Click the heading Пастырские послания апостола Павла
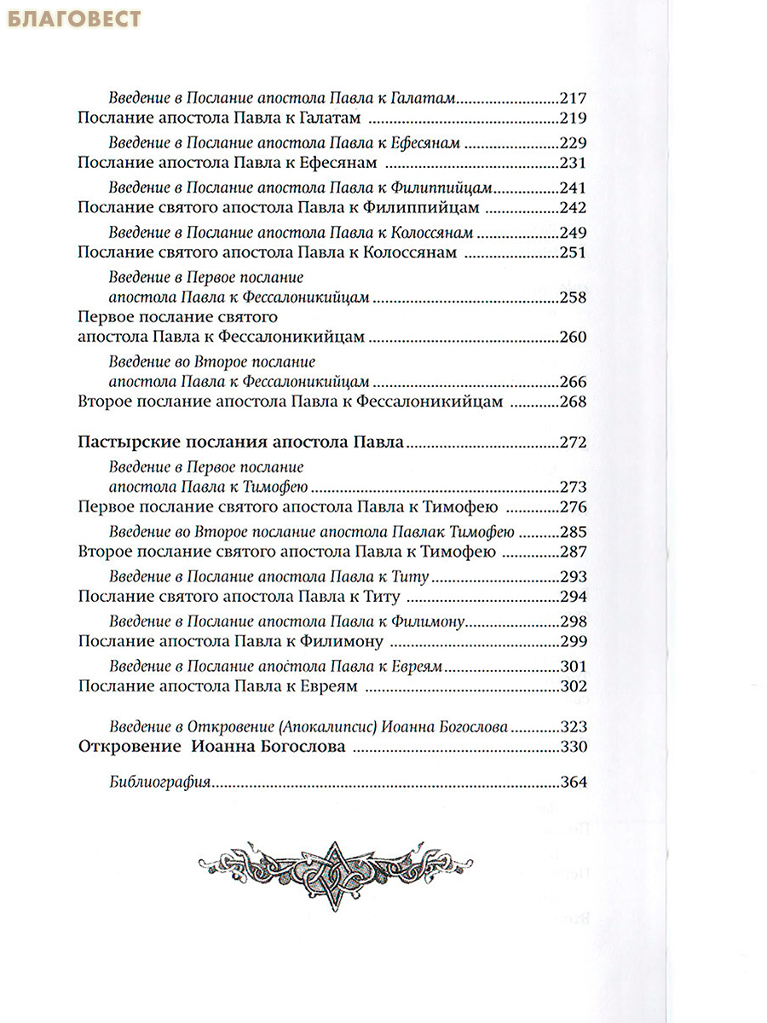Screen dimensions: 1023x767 (239, 443)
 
